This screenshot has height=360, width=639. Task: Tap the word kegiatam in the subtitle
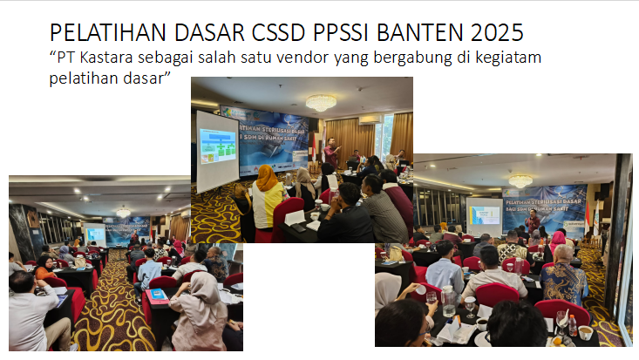[x=520, y=59]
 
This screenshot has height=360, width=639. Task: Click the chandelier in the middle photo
[x=320, y=102]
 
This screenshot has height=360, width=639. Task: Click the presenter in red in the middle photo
[x=330, y=154]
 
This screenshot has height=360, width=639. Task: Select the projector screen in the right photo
[x=484, y=214]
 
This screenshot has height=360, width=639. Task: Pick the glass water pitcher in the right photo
[x=448, y=301]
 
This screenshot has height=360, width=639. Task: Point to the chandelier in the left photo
[x=123, y=212]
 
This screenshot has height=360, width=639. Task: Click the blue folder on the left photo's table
[x=158, y=294]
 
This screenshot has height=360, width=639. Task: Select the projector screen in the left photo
[x=96, y=234]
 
